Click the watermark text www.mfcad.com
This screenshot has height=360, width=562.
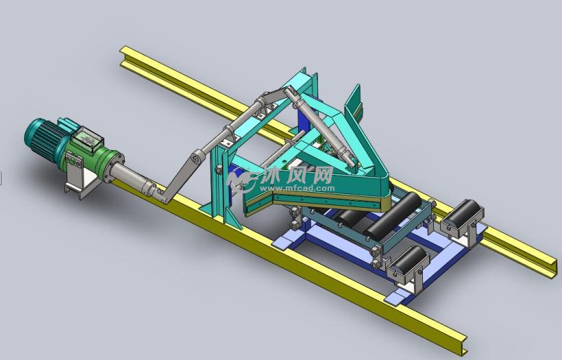pyautogui.click(x=297, y=188)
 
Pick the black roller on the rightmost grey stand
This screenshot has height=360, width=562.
pyautogui.click(x=463, y=214)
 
